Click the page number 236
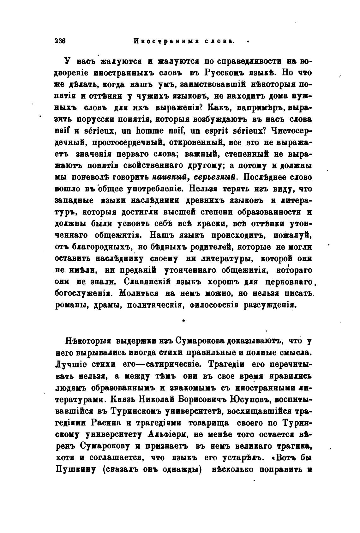pos(60,41)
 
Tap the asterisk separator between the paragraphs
pos(183,321)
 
